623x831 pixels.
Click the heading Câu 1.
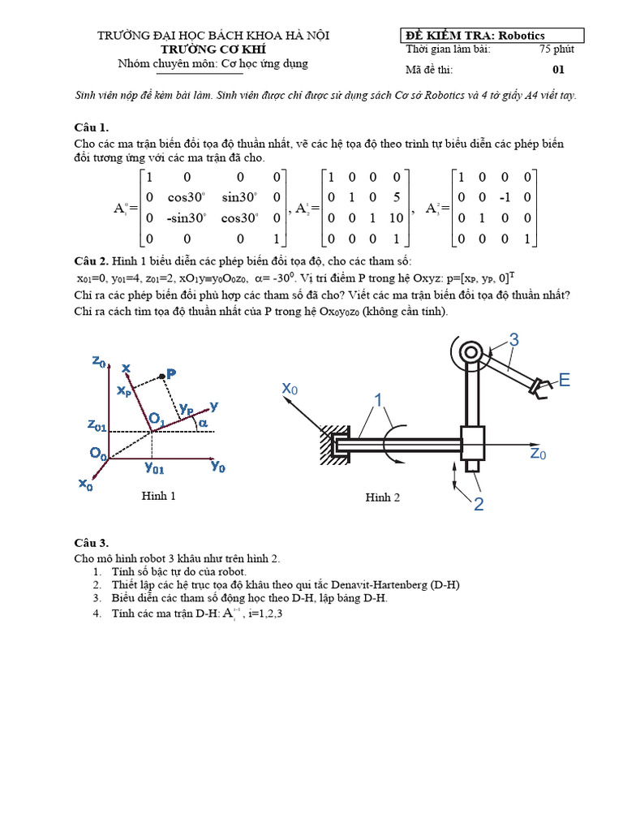[x=91, y=127]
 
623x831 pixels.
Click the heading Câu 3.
[x=91, y=543]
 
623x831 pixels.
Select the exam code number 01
[x=558, y=70]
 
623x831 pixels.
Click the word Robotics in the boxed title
[x=522, y=36]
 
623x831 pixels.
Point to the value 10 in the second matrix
[x=395, y=217]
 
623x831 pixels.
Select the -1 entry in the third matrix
[x=504, y=196]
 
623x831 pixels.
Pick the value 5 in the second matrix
[x=395, y=196]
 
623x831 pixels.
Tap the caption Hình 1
[x=159, y=496]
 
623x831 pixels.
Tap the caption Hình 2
[x=382, y=497]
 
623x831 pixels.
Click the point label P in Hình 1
[x=170, y=373]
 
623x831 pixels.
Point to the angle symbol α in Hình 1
[x=203, y=423]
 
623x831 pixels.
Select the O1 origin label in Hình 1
[x=155, y=419]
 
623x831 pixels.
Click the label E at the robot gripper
[x=565, y=380]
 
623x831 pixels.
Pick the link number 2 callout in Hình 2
[x=479, y=504]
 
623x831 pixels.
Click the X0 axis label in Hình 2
[x=290, y=390]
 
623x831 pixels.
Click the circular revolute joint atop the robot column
[x=470, y=352]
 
